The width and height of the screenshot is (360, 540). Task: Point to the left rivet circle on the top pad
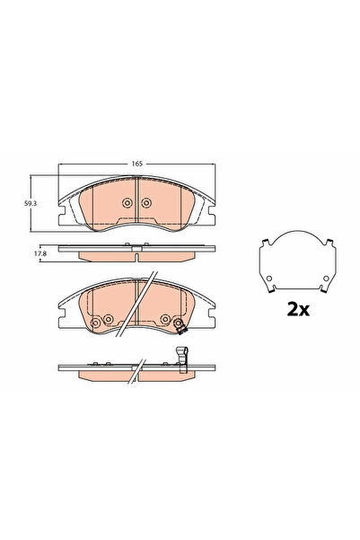click(x=124, y=204)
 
